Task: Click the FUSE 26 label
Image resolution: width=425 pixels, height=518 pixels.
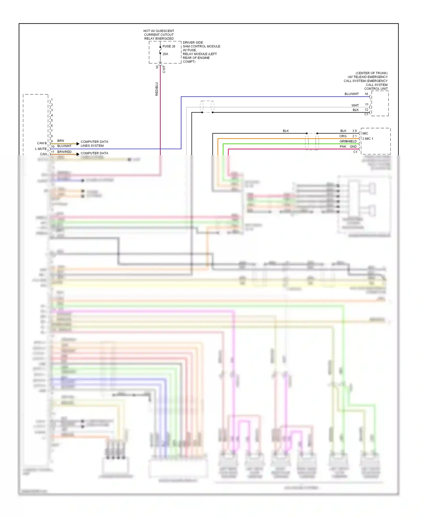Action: point(169,46)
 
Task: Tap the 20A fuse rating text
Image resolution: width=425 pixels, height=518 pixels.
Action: point(165,54)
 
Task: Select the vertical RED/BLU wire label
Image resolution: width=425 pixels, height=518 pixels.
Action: point(157,89)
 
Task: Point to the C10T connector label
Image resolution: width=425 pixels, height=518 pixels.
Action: point(164,69)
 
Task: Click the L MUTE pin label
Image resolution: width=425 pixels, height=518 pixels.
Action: point(41,149)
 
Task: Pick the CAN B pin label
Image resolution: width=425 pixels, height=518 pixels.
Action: point(42,143)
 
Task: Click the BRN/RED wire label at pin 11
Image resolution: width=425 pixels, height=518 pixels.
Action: point(64,152)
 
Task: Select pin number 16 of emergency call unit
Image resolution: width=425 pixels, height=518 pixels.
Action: point(366,94)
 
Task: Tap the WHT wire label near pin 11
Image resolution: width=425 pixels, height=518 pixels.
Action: point(355,105)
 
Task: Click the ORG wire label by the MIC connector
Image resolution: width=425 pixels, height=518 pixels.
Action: point(343,136)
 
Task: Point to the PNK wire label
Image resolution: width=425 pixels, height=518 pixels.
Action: point(343,147)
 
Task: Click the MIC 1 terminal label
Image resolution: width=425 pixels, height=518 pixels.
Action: point(369,139)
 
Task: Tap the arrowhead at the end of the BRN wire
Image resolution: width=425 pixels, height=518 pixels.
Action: point(78,144)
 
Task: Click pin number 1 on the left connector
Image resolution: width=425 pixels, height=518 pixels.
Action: point(52,100)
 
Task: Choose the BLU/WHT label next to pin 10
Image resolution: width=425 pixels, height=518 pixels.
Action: point(64,146)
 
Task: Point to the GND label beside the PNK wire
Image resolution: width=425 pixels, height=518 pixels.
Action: point(353,147)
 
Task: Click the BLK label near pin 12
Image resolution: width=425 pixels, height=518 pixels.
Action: point(356,110)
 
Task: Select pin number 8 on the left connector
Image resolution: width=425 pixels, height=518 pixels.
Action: point(52,136)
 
